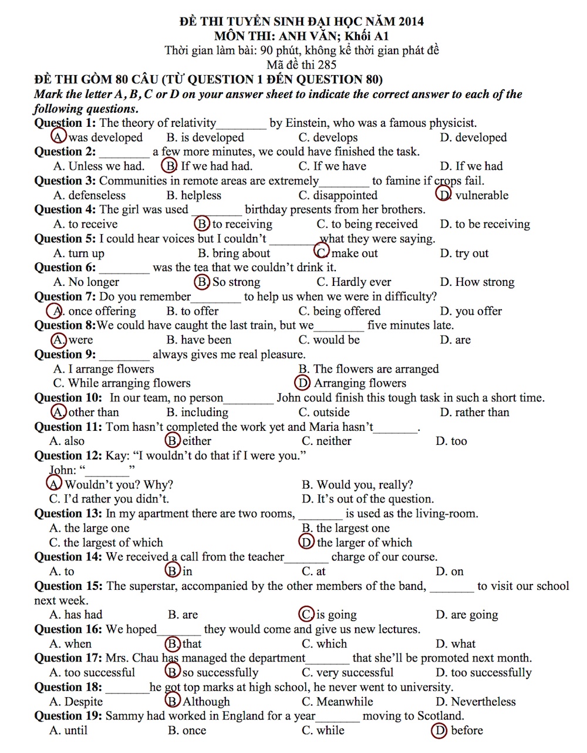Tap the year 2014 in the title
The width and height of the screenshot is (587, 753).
click(410, 22)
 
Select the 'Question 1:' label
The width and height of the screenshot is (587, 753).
click(65, 123)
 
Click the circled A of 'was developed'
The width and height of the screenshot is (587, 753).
click(59, 137)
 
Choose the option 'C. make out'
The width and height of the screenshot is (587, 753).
click(348, 253)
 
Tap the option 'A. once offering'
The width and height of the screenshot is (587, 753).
click(94, 311)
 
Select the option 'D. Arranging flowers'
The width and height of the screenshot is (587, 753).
click(352, 383)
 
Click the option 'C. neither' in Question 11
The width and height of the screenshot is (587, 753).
click(326, 441)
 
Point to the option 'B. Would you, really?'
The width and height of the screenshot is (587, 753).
click(357, 485)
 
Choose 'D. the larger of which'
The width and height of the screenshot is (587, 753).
click(356, 542)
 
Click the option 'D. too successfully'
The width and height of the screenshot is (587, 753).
click(483, 673)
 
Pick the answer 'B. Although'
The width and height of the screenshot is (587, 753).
click(199, 701)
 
